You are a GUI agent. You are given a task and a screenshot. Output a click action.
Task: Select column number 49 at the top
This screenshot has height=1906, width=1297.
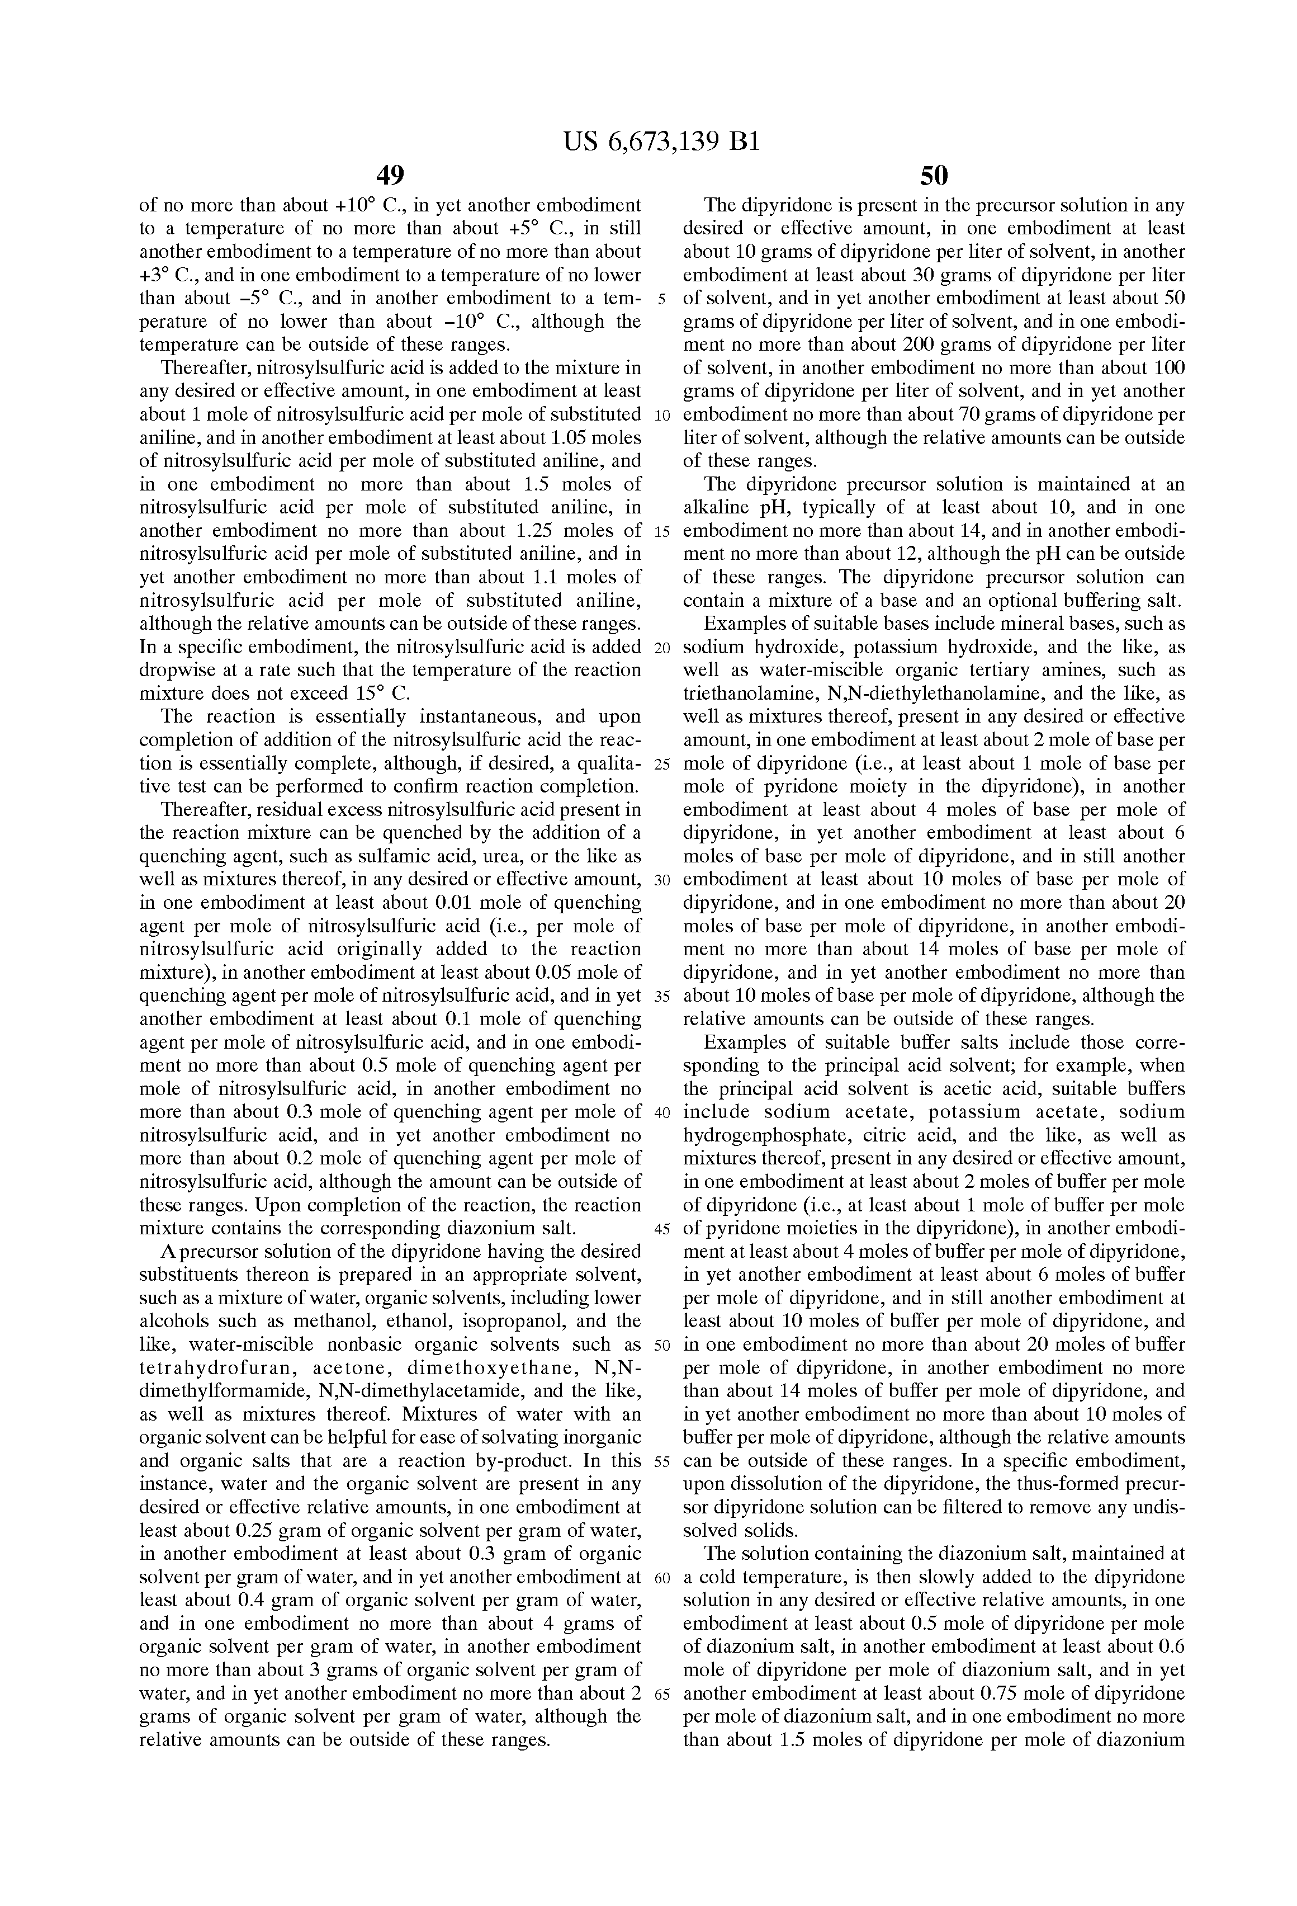click(390, 176)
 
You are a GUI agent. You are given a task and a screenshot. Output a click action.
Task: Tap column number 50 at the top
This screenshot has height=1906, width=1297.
click(934, 176)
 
